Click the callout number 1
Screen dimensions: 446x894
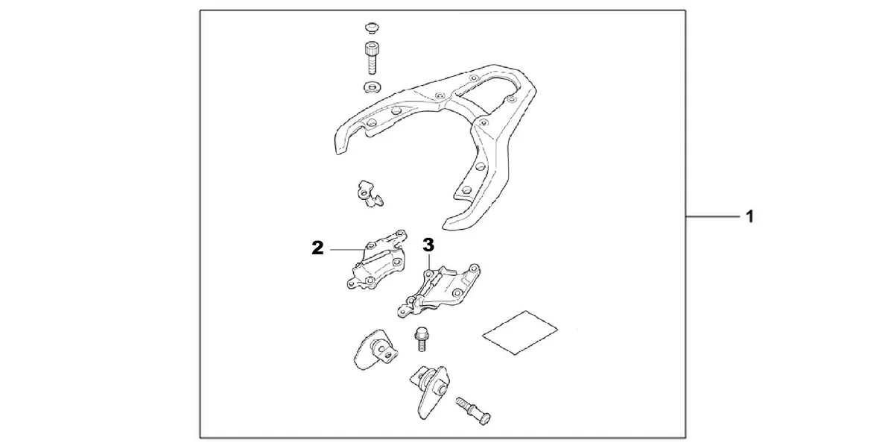click(x=750, y=217)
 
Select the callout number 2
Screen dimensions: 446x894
click(x=318, y=248)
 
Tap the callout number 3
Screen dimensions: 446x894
click(x=428, y=244)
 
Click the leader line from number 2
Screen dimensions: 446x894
click(x=346, y=249)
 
